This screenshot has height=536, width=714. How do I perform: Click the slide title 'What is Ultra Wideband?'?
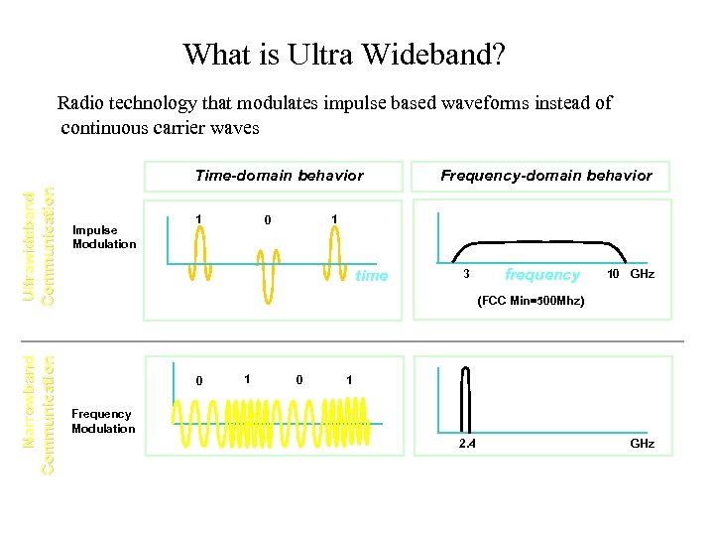tap(343, 54)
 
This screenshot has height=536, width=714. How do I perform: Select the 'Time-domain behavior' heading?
tap(279, 176)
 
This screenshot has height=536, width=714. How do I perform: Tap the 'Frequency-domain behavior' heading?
tap(545, 176)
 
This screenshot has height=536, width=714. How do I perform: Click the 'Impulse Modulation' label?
tap(104, 237)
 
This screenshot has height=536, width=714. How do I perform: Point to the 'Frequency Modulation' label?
tap(103, 421)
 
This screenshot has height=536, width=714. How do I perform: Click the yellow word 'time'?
tap(371, 276)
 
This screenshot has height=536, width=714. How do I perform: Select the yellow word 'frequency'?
tap(541, 275)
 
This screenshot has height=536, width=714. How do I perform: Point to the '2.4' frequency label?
tap(466, 443)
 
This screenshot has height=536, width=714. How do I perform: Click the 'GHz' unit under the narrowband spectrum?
tap(642, 443)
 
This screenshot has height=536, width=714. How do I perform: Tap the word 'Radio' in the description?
tap(76, 102)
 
